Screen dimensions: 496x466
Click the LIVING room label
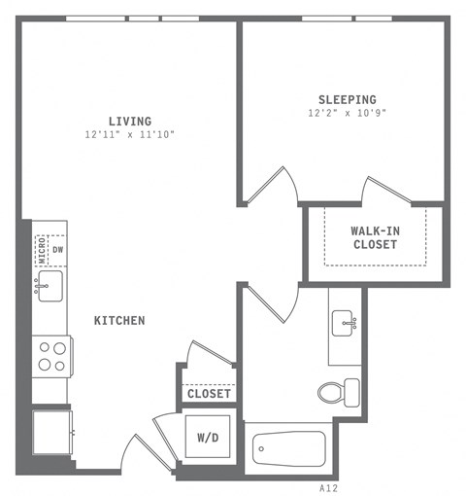coord(129,121)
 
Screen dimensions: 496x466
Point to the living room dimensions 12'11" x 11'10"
coord(129,134)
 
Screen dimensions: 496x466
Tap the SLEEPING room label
coord(348,99)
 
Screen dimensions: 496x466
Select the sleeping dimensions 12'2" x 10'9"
coord(348,113)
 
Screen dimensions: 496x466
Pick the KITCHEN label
coord(119,320)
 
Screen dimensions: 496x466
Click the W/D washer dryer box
coord(208,438)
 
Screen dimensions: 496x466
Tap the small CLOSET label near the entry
coord(209,394)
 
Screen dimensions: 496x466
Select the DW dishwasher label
coord(58,249)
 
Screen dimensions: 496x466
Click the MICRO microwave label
coord(41,250)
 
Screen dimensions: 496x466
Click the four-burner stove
coord(50,355)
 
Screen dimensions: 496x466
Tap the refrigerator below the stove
coord(51,431)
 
